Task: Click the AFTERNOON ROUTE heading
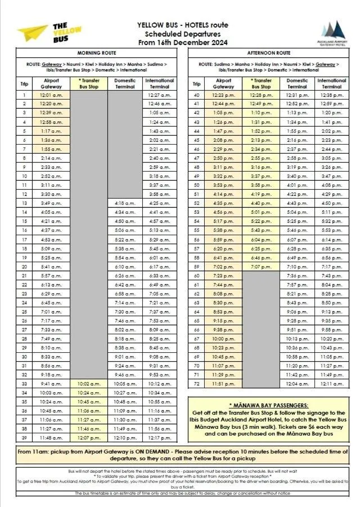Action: click(x=268, y=53)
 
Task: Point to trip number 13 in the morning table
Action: click(x=24, y=203)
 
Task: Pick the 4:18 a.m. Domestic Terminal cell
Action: click(x=125, y=203)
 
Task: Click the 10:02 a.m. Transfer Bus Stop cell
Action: click(x=89, y=384)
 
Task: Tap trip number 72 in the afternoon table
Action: click(x=197, y=384)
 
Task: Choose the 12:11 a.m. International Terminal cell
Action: click(x=332, y=384)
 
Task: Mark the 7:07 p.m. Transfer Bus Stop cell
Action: click(x=261, y=267)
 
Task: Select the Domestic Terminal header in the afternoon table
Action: click(x=297, y=83)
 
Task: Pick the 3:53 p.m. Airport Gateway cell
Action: click(x=224, y=185)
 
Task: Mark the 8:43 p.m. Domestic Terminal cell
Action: click(x=297, y=303)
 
